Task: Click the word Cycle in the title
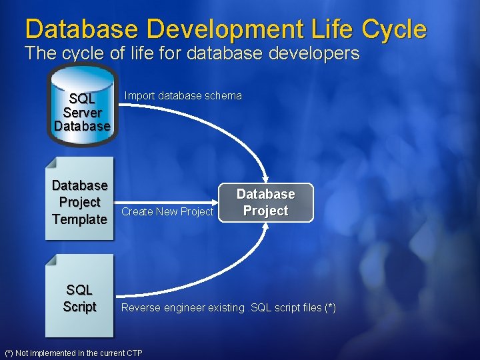pyautogui.click(x=394, y=29)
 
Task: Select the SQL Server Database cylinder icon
pyautogui.click(x=82, y=106)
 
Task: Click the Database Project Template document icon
pyautogui.click(x=79, y=199)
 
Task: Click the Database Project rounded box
pyautogui.click(x=265, y=202)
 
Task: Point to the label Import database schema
pyautogui.click(x=183, y=96)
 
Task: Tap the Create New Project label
pyautogui.click(x=167, y=211)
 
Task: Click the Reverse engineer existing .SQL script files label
pyautogui.click(x=228, y=308)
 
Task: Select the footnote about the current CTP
pyautogui.click(x=73, y=353)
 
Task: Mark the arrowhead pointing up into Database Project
pyautogui.click(x=265, y=226)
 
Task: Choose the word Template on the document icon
pyautogui.click(x=79, y=219)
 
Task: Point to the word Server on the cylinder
pyautogui.click(x=82, y=113)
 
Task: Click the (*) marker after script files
pyautogui.click(x=329, y=308)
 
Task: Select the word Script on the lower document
pyautogui.click(x=79, y=307)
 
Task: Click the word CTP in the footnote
pyautogui.click(x=133, y=353)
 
